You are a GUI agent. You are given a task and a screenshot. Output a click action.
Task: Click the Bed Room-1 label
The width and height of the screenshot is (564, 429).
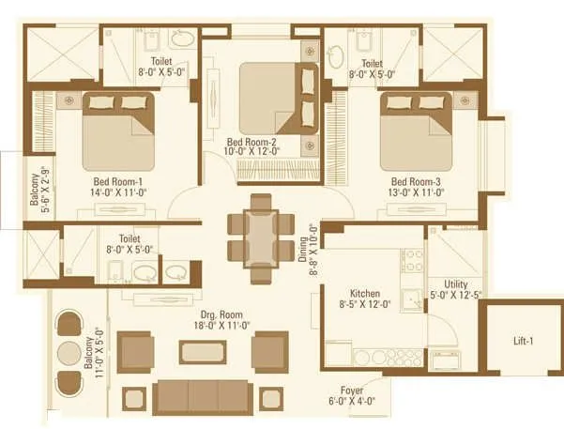tap(116, 181)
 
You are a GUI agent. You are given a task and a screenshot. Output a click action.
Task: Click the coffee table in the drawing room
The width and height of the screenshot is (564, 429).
tap(205, 353)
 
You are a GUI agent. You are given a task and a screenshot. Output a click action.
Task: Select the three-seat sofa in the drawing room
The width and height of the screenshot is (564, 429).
tap(203, 395)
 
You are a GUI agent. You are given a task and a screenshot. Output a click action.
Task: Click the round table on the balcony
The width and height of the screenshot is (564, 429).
tap(69, 353)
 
